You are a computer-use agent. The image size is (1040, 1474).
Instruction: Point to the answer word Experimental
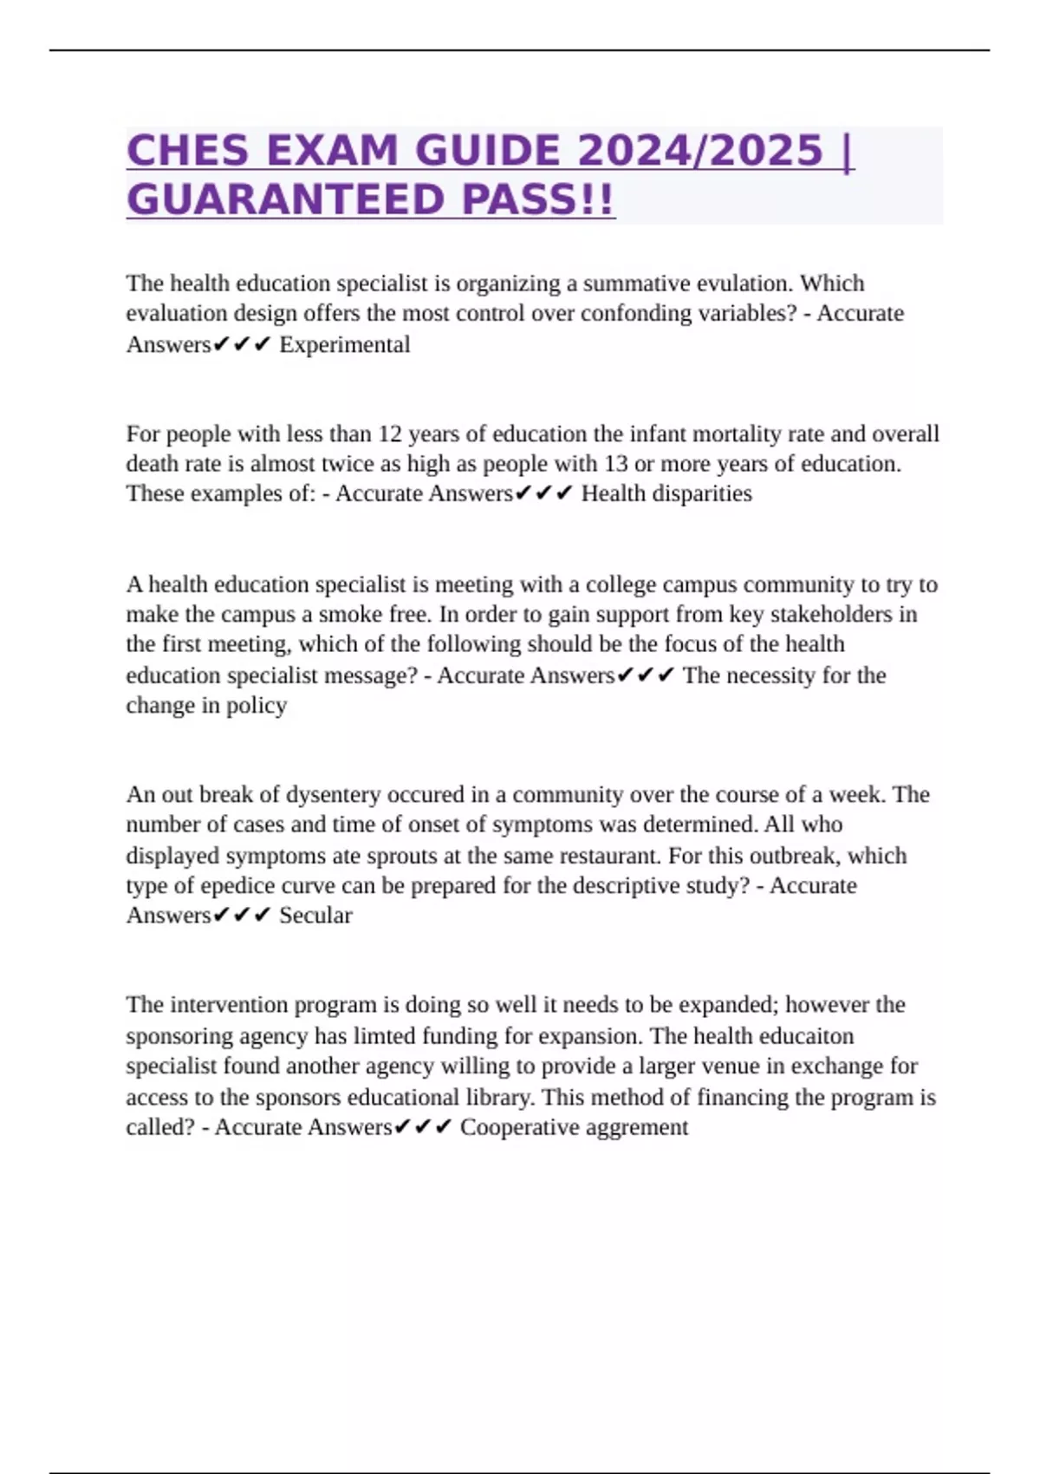coord(344,344)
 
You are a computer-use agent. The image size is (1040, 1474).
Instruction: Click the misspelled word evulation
coord(744,284)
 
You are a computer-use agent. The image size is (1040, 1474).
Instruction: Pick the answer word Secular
coord(315,916)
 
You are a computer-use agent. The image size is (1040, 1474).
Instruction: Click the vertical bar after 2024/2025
coord(847,151)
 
